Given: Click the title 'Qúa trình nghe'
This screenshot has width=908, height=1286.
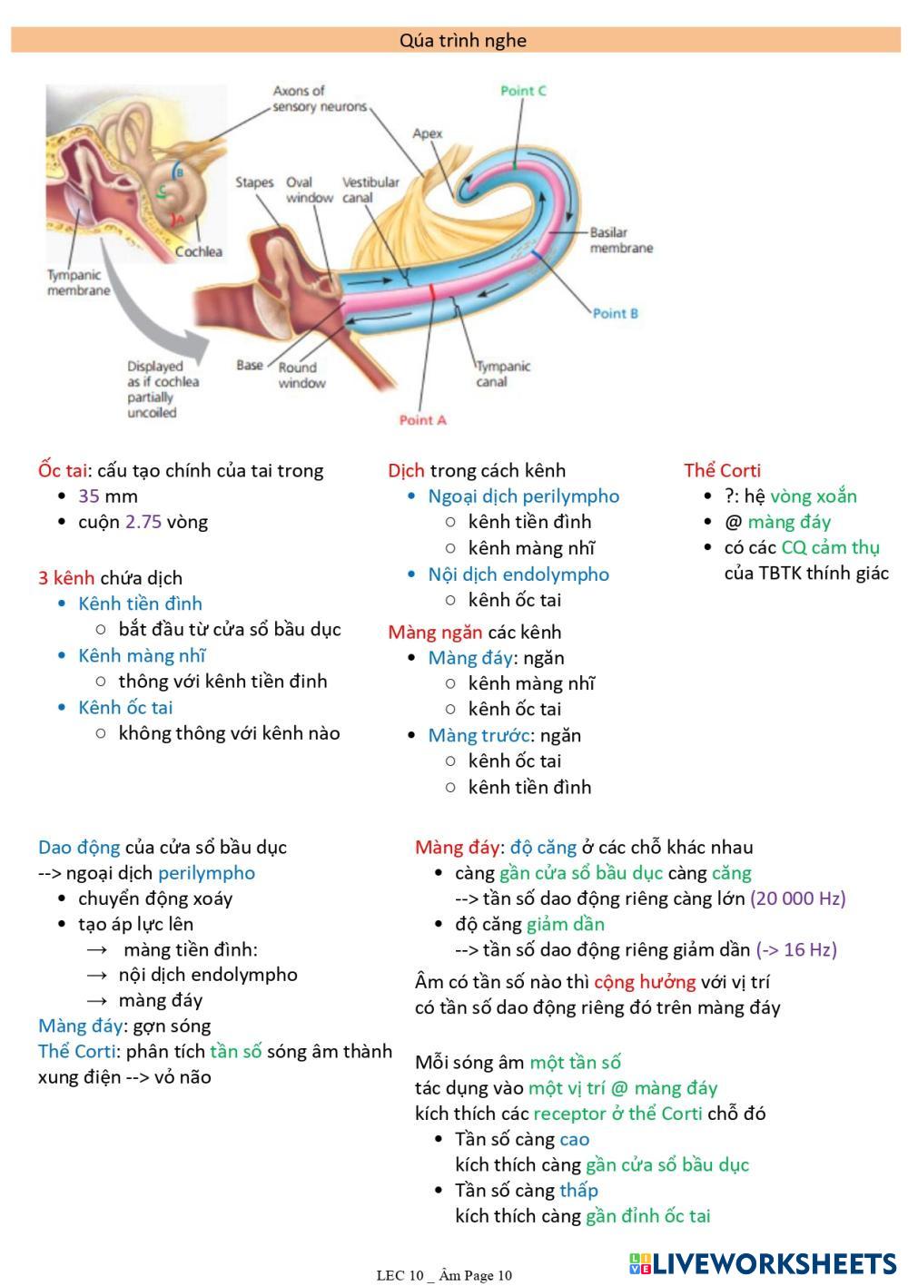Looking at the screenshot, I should point(462,40).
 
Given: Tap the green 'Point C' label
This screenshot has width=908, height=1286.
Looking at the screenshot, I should point(523,91).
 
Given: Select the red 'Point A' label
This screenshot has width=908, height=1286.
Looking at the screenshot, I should point(422,420).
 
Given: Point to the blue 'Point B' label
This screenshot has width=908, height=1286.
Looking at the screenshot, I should point(615,313).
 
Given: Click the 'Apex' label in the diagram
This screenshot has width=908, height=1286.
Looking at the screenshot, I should point(427,133).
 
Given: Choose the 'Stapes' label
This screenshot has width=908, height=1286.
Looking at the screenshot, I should point(254,182).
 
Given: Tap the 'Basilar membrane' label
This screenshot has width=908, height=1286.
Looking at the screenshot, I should point(621,241).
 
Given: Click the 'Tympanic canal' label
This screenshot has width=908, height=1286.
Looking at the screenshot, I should point(503,374).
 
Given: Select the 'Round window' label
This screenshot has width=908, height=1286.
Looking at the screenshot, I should point(301,375).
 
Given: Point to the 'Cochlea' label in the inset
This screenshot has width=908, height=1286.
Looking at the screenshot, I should point(198,251).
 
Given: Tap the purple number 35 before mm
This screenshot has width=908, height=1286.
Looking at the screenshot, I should point(89,496).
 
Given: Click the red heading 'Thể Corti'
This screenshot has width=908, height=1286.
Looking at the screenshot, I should point(722,470).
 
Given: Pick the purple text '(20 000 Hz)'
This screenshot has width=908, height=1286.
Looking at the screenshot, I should point(797,898).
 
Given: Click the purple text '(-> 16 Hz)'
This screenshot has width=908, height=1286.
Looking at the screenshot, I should point(795,949).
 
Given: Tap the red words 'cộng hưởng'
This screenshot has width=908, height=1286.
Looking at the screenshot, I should point(645,982).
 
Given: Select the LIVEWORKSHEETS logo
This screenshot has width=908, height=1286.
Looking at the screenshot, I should point(763,1264).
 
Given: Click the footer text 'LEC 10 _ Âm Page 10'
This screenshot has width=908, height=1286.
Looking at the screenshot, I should point(444,1275).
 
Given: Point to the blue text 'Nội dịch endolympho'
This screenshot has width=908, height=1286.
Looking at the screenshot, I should point(518,574).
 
